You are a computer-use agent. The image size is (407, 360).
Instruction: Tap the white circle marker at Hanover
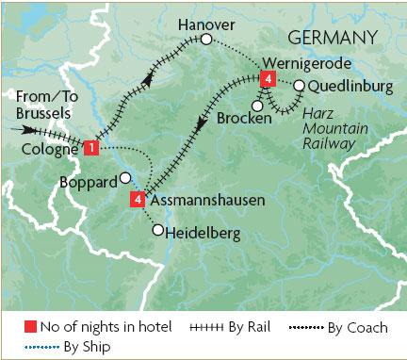click(x=206, y=39)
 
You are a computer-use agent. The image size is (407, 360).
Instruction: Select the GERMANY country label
click(x=332, y=37)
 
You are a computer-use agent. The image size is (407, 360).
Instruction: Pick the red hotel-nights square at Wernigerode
click(x=269, y=79)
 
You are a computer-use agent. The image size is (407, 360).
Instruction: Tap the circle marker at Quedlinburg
click(x=299, y=87)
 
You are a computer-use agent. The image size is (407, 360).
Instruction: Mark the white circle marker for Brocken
click(x=257, y=105)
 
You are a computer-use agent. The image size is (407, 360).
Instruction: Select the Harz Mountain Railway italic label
click(x=325, y=128)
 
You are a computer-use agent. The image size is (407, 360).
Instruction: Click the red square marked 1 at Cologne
click(x=90, y=148)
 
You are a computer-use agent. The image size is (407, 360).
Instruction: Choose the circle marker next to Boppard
click(x=125, y=178)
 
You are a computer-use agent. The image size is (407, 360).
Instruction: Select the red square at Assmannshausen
click(x=138, y=200)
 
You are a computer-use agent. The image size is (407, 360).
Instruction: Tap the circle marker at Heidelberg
click(x=157, y=229)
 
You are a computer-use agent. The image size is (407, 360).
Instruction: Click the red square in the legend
click(x=29, y=327)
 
